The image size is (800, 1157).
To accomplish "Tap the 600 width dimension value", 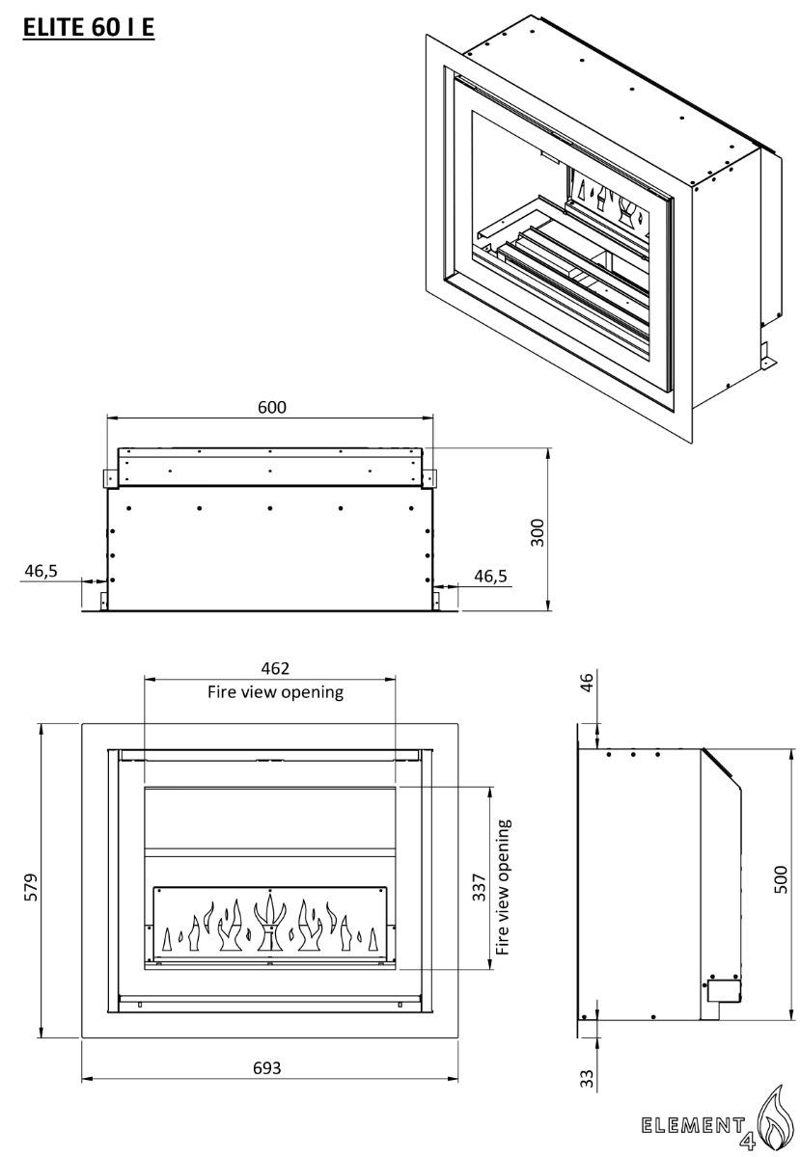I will tap(272, 407).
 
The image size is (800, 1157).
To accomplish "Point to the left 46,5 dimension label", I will tap(41, 571).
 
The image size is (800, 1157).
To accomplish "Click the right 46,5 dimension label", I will tap(489, 576).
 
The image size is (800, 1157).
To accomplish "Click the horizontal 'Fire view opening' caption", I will tap(276, 692).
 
